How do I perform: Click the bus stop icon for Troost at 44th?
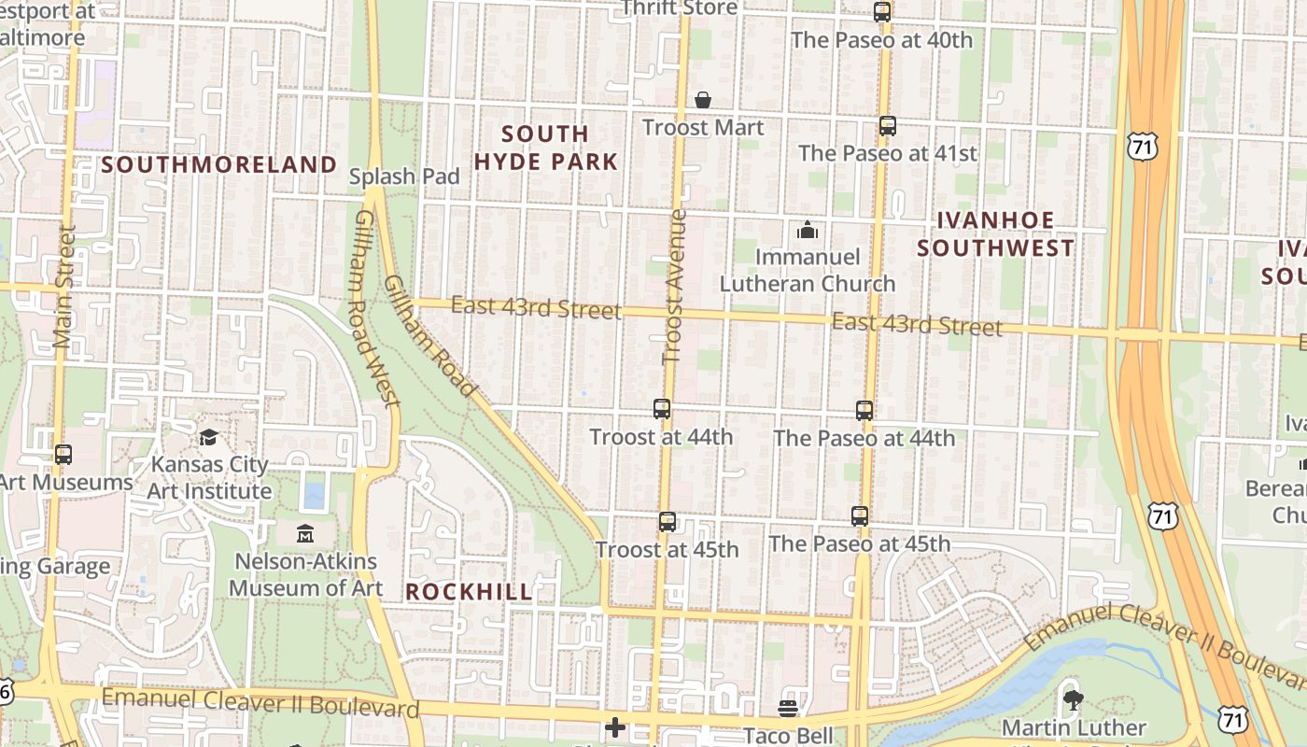click(x=662, y=409)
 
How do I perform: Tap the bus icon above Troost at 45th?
click(x=668, y=522)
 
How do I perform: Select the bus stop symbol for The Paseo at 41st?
click(x=888, y=126)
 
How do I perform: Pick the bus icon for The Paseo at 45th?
click(x=860, y=516)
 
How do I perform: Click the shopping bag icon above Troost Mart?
click(x=703, y=100)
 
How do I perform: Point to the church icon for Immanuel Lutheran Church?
click(x=808, y=230)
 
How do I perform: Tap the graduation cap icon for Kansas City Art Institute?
click(x=209, y=437)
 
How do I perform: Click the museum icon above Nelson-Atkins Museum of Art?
click(x=305, y=534)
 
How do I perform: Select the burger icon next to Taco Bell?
click(x=788, y=709)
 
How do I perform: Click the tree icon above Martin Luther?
click(x=1073, y=698)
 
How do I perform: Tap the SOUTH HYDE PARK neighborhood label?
click(x=545, y=148)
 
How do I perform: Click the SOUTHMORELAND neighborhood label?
click(x=219, y=165)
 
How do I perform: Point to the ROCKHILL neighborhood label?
click(x=470, y=592)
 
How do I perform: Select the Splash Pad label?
click(x=404, y=176)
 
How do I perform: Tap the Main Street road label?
click(x=64, y=286)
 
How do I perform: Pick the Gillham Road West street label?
click(x=377, y=308)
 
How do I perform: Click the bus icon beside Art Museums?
click(x=63, y=455)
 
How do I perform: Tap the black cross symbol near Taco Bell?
click(x=615, y=726)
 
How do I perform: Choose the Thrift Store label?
click(x=680, y=8)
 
